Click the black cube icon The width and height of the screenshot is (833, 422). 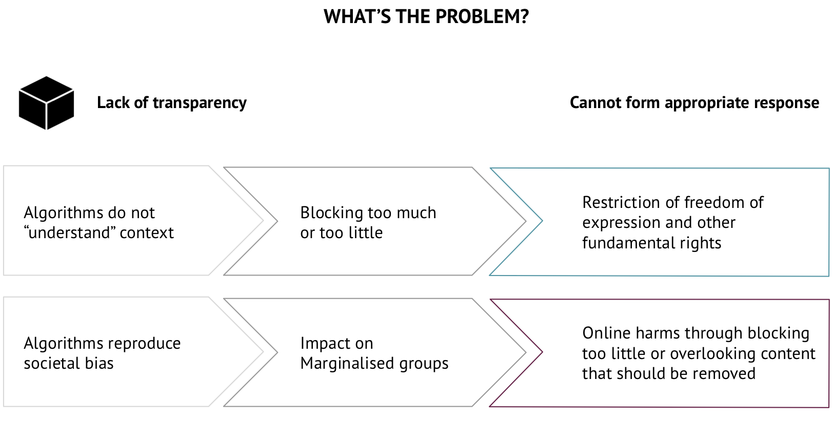click(46, 103)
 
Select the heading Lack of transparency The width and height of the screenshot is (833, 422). click(171, 103)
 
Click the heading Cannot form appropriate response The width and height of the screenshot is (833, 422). click(694, 103)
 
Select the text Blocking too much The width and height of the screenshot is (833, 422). click(368, 213)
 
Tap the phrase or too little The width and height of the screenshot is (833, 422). click(341, 233)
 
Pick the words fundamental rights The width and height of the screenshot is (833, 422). click(651, 243)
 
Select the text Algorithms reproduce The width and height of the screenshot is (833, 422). click(102, 343)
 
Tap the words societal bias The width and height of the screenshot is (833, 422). click(68, 363)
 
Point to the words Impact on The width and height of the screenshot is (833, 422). click(336, 343)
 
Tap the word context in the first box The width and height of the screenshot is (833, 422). click(147, 233)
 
